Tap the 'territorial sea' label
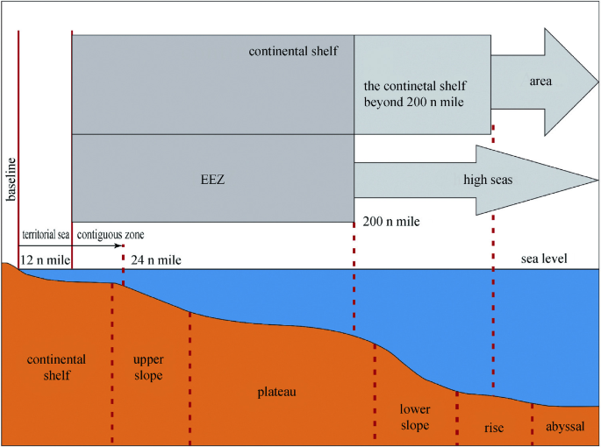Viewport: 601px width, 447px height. tap(44, 235)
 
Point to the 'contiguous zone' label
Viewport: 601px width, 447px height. tap(111, 235)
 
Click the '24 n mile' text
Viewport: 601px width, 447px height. tap(155, 259)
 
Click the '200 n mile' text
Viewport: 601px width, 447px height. tap(392, 222)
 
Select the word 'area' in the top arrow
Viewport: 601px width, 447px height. tap(540, 81)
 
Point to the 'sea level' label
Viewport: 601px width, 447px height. tap(542, 259)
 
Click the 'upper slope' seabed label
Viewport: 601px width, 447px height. tap(147, 367)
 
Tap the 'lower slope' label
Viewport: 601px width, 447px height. tap(415, 417)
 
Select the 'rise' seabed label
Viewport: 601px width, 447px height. tap(494, 428)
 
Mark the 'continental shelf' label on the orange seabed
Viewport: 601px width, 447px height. tap(56, 367)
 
